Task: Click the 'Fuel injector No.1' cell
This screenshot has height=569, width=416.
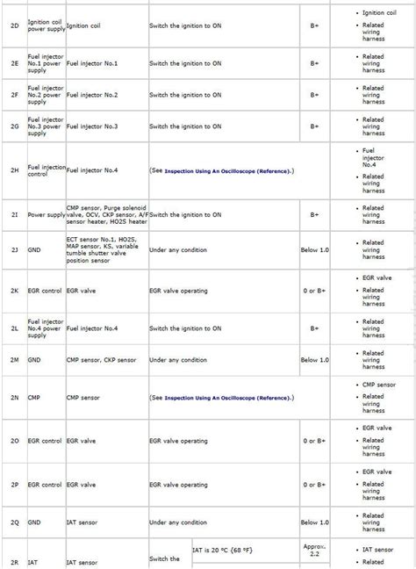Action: tap(91, 64)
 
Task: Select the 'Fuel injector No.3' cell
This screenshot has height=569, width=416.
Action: tap(91, 126)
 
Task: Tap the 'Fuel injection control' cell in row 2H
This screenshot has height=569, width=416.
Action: tap(46, 170)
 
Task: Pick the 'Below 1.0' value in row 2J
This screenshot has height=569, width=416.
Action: tap(314, 250)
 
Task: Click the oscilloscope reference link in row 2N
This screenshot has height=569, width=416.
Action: tap(227, 397)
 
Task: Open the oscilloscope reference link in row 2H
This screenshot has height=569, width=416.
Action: tap(227, 170)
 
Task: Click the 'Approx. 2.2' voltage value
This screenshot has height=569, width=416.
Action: tap(314, 551)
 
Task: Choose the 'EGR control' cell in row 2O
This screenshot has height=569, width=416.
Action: tap(45, 440)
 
